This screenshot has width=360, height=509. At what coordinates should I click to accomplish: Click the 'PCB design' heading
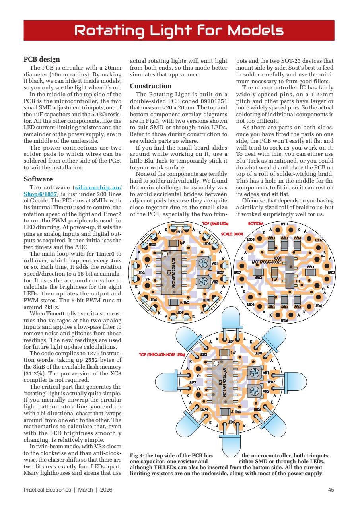coord(42,60)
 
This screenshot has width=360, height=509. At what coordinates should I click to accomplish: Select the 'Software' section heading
coord(38,179)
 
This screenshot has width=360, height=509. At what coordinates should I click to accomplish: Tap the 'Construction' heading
coord(151,86)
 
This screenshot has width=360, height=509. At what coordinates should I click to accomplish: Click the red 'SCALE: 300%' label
coord(232,234)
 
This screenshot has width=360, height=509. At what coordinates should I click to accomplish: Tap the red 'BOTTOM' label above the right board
coord(256,224)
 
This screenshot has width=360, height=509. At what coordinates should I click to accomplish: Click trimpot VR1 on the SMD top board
coord(203,263)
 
